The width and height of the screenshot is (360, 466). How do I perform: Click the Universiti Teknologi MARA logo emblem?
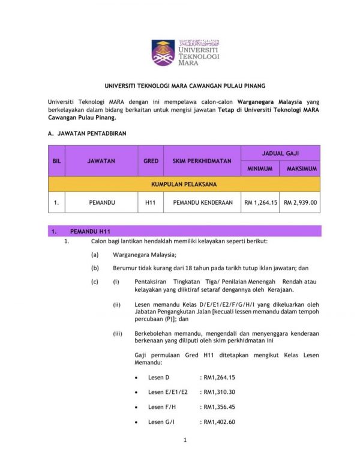[163, 53]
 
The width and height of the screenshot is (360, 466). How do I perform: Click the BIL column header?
[56, 161]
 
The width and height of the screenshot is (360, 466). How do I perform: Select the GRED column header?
[151, 161]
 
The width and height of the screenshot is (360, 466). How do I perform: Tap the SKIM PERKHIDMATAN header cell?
[202, 161]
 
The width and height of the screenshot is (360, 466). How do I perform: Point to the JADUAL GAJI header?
[280, 153]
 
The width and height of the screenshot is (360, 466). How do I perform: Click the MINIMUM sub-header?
[260, 169]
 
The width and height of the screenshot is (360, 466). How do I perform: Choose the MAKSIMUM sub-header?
[301, 169]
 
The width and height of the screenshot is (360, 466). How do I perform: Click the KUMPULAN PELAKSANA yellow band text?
[184, 184]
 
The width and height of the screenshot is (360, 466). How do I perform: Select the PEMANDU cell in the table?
[101, 203]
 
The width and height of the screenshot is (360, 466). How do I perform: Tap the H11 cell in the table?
[151, 203]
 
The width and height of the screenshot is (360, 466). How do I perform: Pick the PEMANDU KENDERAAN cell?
[202, 203]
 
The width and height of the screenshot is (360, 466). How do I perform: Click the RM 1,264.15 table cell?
[260, 203]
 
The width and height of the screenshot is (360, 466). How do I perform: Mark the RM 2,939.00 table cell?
[301, 203]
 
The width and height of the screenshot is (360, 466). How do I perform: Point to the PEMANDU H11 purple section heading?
[91, 231]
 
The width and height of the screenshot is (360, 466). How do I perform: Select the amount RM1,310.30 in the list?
[219, 392]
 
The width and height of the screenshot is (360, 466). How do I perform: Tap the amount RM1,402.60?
[219, 422]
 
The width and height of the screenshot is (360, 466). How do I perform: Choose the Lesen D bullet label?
[159, 377]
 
